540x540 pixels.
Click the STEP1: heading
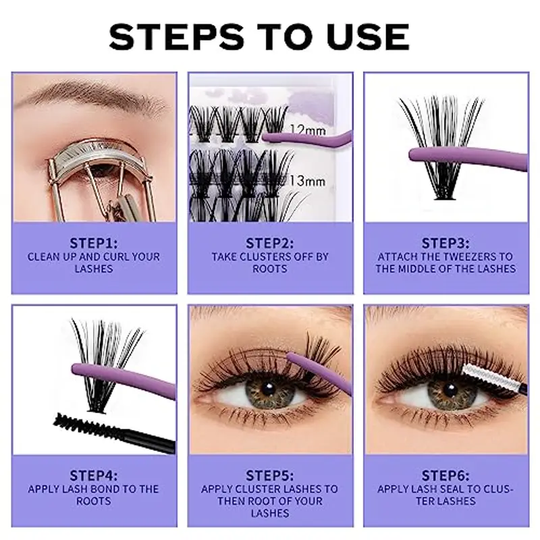tap(94, 242)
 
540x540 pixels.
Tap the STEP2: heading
tap(270, 242)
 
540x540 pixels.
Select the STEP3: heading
tap(446, 242)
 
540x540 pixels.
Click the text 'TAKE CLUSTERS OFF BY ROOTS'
tap(270, 263)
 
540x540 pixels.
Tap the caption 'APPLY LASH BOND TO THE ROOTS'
tap(94, 495)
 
